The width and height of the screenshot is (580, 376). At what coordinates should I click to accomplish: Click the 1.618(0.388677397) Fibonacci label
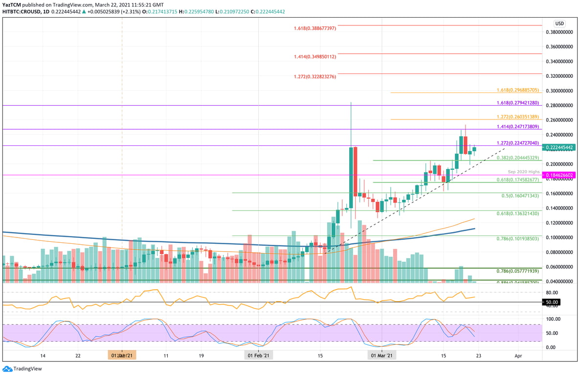click(315, 28)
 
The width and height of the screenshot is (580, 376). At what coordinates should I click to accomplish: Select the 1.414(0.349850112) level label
click(315, 57)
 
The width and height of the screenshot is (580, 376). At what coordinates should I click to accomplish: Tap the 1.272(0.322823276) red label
click(315, 77)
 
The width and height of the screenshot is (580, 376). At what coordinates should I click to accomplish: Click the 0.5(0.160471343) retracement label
click(520, 196)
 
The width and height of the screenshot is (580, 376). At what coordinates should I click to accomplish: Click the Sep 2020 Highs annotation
click(523, 172)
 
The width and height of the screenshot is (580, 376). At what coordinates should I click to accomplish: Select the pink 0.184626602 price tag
click(559, 175)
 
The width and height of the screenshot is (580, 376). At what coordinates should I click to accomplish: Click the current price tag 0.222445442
click(559, 147)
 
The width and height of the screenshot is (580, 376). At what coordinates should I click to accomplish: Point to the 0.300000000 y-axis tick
click(559, 91)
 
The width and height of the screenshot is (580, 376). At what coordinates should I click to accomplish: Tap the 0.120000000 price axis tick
click(559, 223)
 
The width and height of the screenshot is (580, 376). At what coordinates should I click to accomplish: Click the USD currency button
click(559, 23)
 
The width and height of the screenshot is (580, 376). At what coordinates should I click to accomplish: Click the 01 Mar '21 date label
click(381, 355)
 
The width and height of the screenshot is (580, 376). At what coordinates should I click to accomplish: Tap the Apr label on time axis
click(518, 355)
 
